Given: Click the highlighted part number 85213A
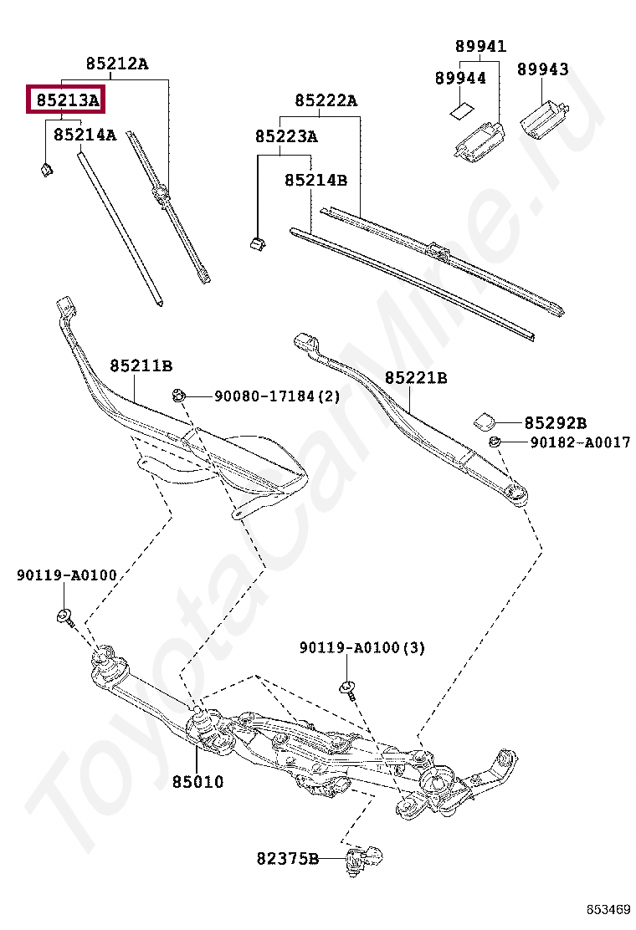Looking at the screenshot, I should (66, 101).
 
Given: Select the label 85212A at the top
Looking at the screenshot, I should (116, 63).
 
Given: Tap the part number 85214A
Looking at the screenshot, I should (85, 134).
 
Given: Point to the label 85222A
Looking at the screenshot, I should (326, 101).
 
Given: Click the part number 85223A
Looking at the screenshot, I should (286, 136).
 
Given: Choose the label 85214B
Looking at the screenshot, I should (315, 180).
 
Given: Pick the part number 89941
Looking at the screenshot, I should (480, 46).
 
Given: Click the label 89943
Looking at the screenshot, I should (542, 69).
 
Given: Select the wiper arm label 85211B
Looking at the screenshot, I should (141, 365).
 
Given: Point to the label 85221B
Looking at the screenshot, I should (416, 378).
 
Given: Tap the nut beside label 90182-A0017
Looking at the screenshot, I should (495, 441).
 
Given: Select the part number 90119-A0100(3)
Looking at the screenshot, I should (363, 647).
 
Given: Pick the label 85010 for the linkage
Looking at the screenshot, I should (198, 782).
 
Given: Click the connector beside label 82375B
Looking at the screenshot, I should (366, 858).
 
